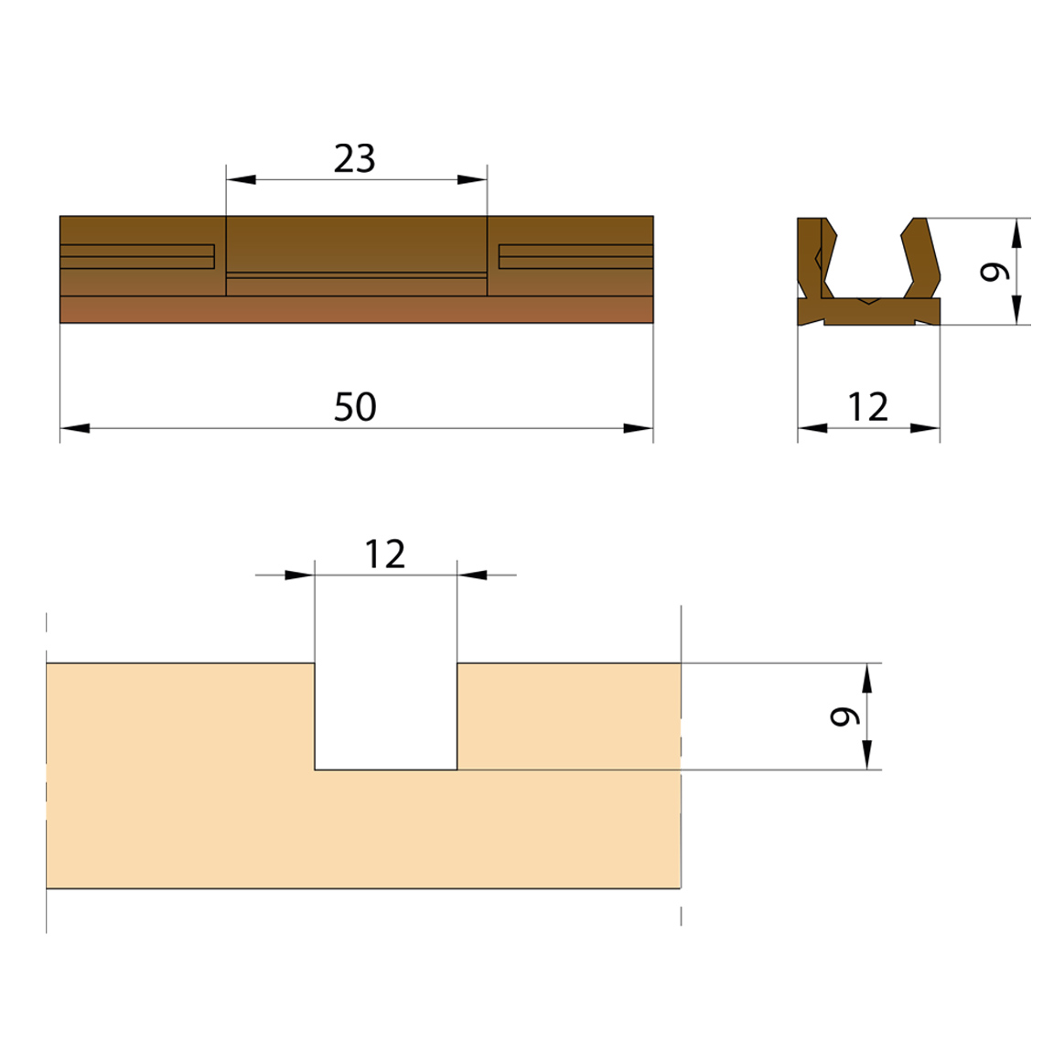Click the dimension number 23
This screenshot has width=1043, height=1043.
point(355,158)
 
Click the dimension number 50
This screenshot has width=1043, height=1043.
point(355,407)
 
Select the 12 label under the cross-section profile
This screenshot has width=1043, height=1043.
point(868,407)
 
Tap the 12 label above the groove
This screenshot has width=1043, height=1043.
point(385,554)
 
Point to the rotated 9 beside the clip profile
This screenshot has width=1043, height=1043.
point(995,272)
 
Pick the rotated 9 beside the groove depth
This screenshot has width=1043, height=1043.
point(844,715)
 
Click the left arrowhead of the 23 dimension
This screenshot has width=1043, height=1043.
point(241,179)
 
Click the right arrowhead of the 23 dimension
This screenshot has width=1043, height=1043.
point(472,179)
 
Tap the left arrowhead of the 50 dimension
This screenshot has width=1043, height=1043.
point(74,428)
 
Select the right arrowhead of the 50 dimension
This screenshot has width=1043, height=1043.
point(639,428)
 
